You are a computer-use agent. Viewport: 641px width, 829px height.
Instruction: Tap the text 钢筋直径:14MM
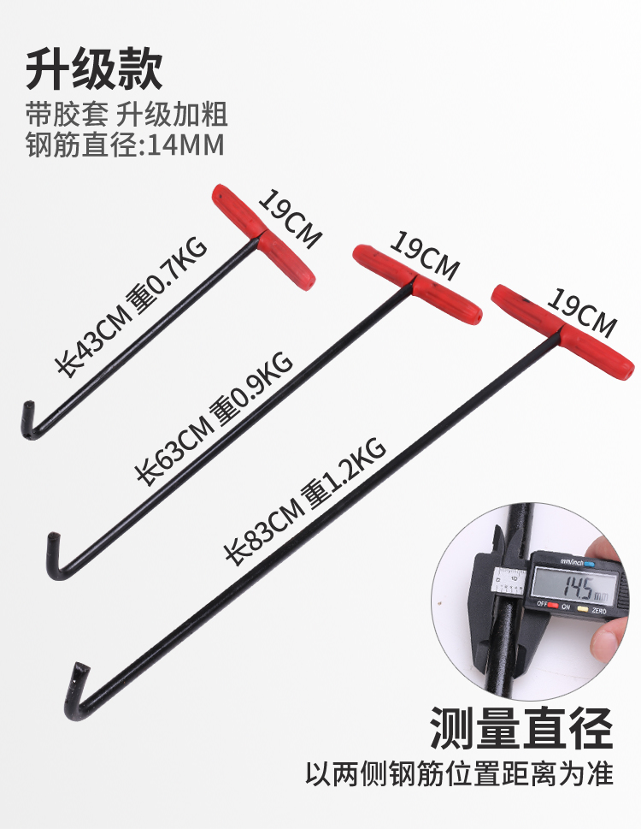click(x=125, y=145)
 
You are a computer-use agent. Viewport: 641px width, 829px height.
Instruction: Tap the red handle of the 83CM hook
click(x=563, y=330)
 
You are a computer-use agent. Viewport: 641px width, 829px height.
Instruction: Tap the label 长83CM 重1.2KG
click(x=304, y=500)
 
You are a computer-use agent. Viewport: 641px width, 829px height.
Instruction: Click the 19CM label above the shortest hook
click(x=290, y=219)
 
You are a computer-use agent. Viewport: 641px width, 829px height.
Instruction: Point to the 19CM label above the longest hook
click(x=582, y=311)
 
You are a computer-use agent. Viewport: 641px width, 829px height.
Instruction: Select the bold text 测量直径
click(x=522, y=727)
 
